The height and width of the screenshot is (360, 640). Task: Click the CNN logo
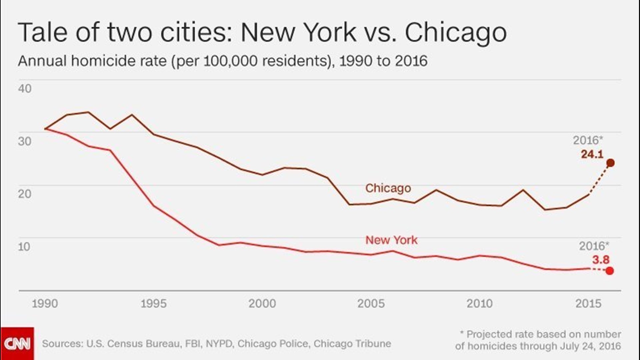click(17, 343)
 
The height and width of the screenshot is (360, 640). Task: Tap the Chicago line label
click(388, 188)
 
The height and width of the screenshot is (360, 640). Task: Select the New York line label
click(391, 240)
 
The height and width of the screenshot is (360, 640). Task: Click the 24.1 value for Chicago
click(592, 154)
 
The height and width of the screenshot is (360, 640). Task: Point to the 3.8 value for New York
click(601, 260)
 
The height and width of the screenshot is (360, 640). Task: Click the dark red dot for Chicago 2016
click(611, 163)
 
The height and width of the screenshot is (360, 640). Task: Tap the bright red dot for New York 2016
click(610, 271)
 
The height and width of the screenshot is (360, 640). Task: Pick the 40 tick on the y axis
click(25, 89)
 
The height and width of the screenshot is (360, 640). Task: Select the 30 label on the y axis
click(25, 141)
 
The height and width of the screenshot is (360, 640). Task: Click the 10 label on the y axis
click(24, 247)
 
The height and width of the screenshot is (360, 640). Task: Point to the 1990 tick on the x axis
click(45, 304)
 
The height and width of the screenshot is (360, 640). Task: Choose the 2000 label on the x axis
click(262, 304)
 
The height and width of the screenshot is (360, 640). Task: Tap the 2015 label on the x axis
click(588, 304)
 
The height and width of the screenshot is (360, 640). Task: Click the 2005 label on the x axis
click(371, 304)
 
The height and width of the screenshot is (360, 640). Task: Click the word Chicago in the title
click(456, 33)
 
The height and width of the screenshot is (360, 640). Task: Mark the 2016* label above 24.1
click(588, 140)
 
